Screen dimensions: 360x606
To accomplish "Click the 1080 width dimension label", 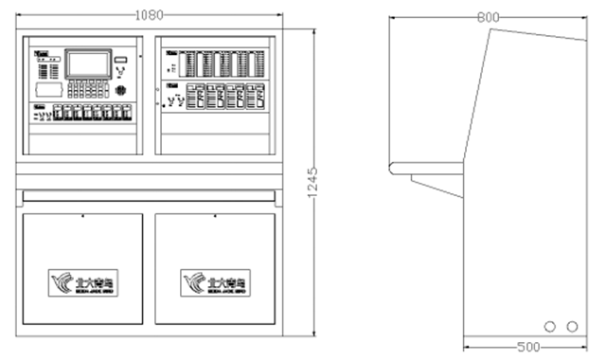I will [149, 14].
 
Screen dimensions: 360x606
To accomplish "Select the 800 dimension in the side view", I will [488, 17].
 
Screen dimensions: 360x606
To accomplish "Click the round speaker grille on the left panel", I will [120, 92].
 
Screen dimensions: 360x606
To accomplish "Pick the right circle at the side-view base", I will [571, 325].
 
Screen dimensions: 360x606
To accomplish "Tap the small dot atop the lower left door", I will [82, 217].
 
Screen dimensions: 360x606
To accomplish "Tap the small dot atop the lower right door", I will [214, 217].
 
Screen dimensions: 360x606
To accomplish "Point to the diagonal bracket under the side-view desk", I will [437, 185].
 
